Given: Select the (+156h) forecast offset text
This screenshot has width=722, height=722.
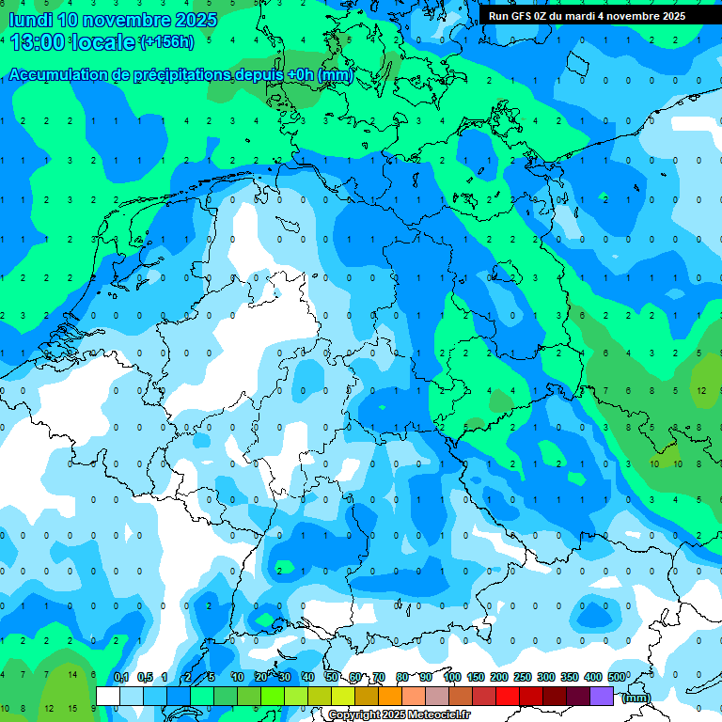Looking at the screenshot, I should coord(166,42).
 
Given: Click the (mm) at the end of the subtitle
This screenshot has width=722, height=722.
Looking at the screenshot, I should coord(335,75).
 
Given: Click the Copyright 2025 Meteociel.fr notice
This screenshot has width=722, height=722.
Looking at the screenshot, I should coord(399,715).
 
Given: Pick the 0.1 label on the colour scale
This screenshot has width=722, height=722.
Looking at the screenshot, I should coord(121,677).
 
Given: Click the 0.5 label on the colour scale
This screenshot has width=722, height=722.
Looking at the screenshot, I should coord(145,677).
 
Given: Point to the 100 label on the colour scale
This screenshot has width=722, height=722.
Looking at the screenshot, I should coord(452,677).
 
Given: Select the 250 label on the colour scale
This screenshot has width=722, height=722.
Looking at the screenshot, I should coord(523,677).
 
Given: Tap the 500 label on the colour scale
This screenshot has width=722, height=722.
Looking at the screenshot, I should coord(617,677).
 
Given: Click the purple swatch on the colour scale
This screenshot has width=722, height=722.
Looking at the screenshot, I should coord(602,696).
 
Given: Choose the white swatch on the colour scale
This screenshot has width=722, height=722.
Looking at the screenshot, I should coord(108,696).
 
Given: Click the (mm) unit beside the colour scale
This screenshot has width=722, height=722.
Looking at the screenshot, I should coord(636,697).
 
